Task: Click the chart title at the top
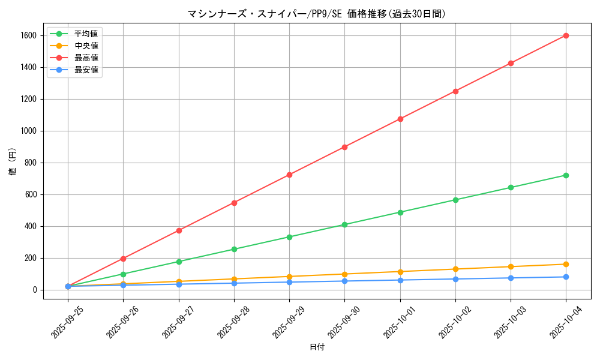tap(316, 14)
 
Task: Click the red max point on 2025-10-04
tap(566, 35)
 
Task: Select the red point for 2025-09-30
tap(344, 147)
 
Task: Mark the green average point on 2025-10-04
tap(566, 175)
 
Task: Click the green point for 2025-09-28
tap(234, 249)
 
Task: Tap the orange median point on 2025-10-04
tap(566, 264)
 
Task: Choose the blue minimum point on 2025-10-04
tap(566, 277)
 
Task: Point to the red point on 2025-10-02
tap(455, 91)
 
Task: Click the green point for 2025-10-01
tap(400, 212)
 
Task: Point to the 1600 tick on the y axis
tap(28, 35)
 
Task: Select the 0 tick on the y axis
tap(35, 290)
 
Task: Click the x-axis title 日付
tap(316, 347)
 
